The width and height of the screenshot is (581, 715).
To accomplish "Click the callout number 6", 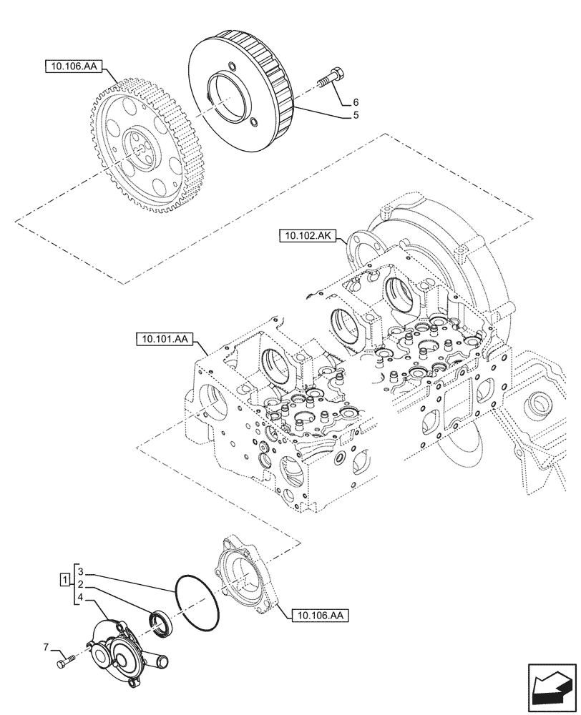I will coord(356,103).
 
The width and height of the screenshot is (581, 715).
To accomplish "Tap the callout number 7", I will coord(47,648).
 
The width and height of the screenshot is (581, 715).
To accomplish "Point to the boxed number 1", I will coord(65,578).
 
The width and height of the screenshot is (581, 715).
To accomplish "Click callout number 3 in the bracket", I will coord(82,572).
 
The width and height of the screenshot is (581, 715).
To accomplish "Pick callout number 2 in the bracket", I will coord(82,584).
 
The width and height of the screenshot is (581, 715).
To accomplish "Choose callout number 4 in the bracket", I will coord(82,596).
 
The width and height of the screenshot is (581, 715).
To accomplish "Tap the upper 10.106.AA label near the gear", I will coord(74,67).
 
